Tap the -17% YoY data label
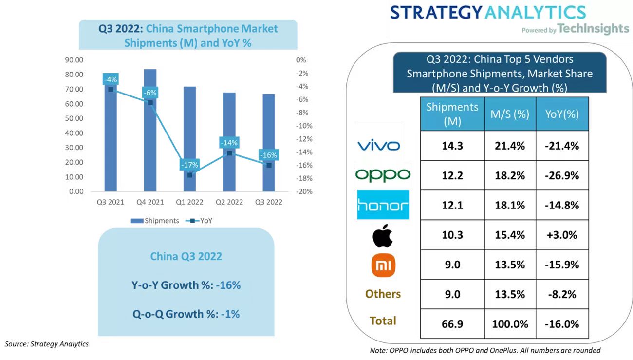(190, 165)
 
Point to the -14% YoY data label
(228, 143)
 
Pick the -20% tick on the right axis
(301, 191)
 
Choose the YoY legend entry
(199, 221)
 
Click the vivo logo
(378, 146)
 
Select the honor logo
(383, 205)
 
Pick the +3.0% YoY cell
(562, 235)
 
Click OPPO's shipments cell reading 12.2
(452, 175)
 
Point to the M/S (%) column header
(510, 114)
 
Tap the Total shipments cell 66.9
(452, 323)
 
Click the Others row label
(383, 294)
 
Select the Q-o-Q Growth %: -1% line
(186, 314)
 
